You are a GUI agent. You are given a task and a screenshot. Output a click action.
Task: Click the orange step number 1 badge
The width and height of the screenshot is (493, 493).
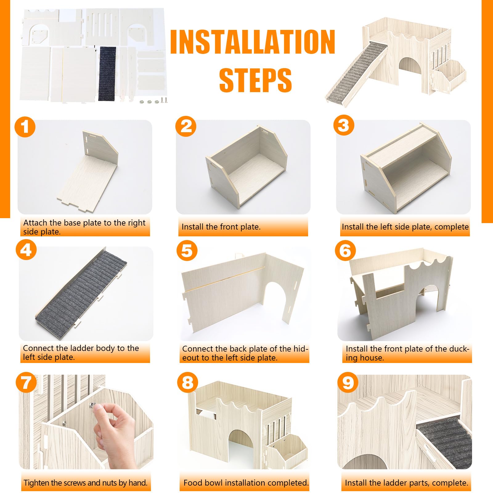25,127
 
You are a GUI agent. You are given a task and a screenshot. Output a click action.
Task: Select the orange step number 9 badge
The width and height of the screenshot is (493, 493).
348,383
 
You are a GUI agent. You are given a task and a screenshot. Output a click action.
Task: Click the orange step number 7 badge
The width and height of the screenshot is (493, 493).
26,383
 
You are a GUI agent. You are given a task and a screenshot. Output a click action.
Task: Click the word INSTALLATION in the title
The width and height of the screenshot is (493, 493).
253,42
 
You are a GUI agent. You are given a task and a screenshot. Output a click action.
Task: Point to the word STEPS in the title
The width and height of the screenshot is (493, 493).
255,80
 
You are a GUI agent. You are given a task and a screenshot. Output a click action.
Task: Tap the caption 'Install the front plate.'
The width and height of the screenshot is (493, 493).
221,227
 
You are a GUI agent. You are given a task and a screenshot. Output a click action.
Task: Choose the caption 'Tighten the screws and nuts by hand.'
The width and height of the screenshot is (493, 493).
86,483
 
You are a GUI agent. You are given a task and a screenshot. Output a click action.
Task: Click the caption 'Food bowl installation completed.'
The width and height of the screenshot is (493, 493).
246,483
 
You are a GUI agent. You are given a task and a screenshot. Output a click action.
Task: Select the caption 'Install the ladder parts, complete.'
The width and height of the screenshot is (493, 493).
406,483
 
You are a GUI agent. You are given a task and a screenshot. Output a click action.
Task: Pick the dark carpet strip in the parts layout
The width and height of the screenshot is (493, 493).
107,73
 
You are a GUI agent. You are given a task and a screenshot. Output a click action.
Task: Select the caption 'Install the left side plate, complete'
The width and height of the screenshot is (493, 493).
405,227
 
